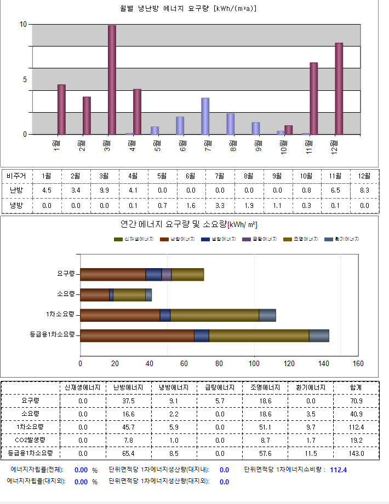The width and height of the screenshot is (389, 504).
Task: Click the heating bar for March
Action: pyautogui.click(x=112, y=80)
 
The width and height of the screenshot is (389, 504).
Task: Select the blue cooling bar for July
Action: pyautogui.click(x=205, y=116)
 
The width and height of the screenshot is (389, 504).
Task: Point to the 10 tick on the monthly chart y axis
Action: pyautogui.click(x=23, y=25)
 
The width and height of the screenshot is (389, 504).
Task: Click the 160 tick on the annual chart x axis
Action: pyautogui.click(x=358, y=363)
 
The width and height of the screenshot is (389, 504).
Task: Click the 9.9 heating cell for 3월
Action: pyautogui.click(x=104, y=190)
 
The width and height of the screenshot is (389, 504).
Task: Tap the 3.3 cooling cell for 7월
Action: pyautogui.click(x=220, y=206)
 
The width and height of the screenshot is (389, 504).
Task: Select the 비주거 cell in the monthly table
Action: pyautogui.click(x=16, y=176)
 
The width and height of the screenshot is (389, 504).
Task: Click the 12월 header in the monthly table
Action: pyautogui.click(x=364, y=176)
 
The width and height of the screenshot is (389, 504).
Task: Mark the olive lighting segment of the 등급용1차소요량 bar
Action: pyautogui.click(x=259, y=335)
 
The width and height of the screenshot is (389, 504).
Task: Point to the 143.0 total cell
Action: pyautogui.click(x=356, y=453)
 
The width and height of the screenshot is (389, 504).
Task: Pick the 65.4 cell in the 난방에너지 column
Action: pyautogui.click(x=128, y=453)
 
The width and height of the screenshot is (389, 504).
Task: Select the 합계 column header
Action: pyautogui.click(x=356, y=387)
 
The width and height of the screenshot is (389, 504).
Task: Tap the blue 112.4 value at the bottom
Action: pyautogui.click(x=338, y=470)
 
